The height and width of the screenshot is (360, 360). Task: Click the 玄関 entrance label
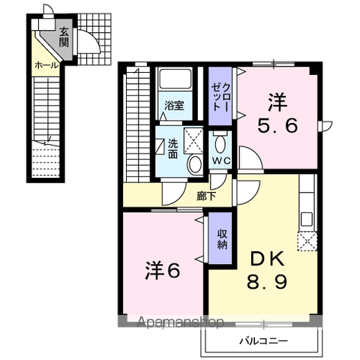64,37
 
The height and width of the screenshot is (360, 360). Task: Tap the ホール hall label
46,65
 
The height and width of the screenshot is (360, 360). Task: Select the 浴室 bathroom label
174,106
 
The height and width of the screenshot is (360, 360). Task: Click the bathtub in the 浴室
175,78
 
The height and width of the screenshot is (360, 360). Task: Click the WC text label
221,161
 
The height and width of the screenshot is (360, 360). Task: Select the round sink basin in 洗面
195,164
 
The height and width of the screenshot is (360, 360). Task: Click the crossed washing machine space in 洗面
193,141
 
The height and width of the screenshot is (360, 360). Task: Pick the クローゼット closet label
220,97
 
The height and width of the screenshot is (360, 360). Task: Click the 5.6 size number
277,126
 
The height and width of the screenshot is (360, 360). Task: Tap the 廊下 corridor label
205,196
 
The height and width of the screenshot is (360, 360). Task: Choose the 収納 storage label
222,239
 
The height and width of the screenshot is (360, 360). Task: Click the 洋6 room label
163,271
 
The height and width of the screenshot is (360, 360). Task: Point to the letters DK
267,259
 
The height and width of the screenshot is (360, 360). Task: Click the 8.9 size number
267,281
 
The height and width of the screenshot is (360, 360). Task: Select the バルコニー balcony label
264,341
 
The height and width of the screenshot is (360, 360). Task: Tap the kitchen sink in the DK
306,219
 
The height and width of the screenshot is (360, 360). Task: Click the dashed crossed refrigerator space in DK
307,241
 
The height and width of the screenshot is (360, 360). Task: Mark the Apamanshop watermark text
181,322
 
